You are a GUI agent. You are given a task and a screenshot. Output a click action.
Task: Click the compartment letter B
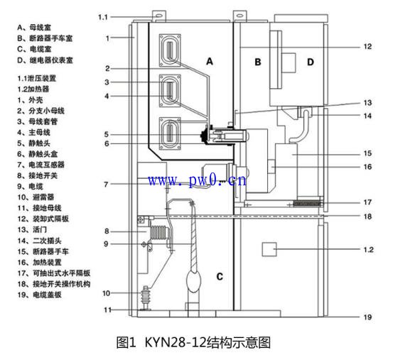(258, 62)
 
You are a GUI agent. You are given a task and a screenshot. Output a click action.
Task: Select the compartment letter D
(310, 62)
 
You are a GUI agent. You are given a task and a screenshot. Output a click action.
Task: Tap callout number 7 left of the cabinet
(104, 185)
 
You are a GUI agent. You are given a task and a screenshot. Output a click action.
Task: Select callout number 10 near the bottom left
(104, 292)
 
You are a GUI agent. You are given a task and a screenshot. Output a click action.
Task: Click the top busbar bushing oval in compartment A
(171, 53)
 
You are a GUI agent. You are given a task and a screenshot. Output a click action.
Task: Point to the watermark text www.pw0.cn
(198, 180)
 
